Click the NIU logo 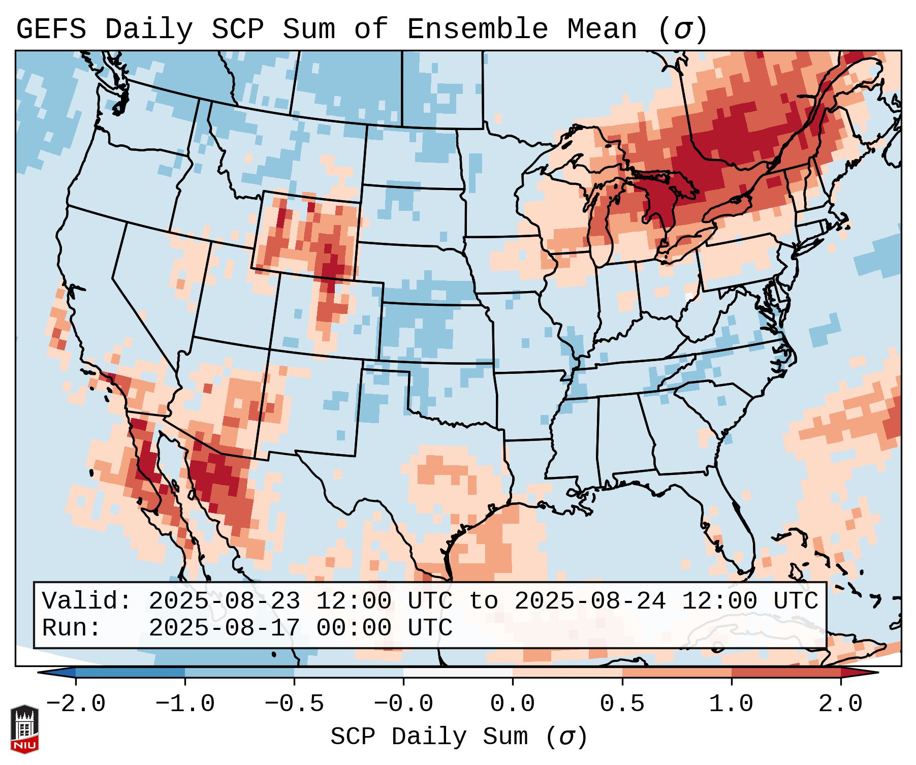[x=24, y=729]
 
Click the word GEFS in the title [x=51, y=29]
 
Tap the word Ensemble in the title [x=477, y=29]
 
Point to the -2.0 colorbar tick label [x=76, y=704]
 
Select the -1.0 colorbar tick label [x=185, y=704]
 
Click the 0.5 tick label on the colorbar [x=622, y=704]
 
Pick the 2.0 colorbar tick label [x=841, y=704]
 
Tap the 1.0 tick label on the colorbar [x=731, y=704]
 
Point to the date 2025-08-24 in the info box [x=590, y=601]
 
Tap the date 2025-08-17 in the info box [x=224, y=628]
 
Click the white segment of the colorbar [x=458, y=673]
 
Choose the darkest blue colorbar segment [x=130, y=673]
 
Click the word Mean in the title [x=602, y=29]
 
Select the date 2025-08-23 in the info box [x=224, y=601]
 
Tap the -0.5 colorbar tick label [x=294, y=704]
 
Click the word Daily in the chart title [x=149, y=29]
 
